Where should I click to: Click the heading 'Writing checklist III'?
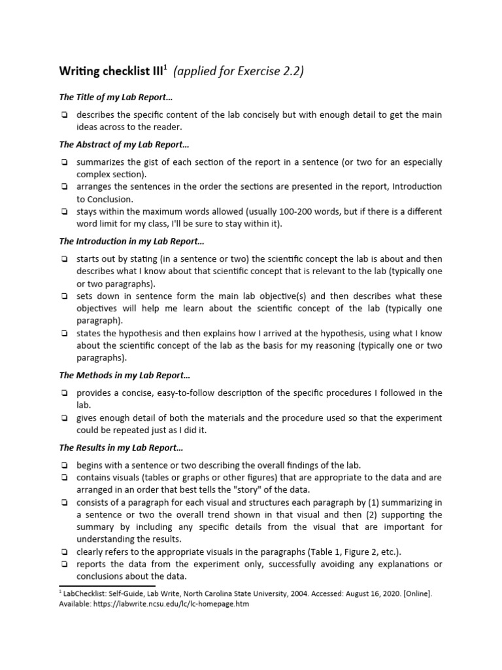[111, 71]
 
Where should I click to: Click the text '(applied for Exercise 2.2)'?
[239, 71]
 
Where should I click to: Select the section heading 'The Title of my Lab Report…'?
[115, 97]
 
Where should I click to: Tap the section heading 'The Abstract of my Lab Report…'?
[124, 144]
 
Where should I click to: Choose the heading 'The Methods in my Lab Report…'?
[124, 375]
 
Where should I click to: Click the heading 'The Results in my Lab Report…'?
[122, 448]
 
